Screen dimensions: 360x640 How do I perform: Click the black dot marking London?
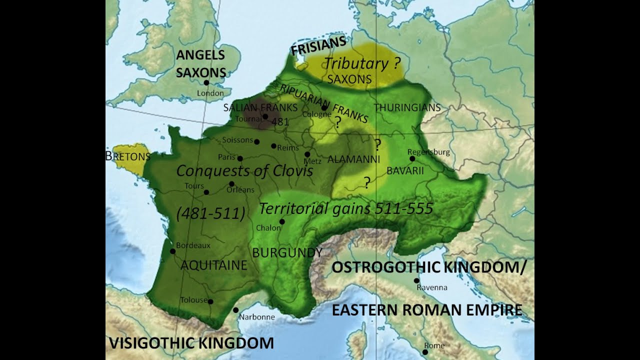(206, 83)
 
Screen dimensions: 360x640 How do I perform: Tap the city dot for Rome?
(425, 352)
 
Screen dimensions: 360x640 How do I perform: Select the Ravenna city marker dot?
(416, 280)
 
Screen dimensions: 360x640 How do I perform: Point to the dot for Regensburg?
(412, 158)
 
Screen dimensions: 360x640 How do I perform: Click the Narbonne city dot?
(235, 310)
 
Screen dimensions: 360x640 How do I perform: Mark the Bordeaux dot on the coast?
(172, 251)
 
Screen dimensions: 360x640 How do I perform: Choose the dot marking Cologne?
(324, 107)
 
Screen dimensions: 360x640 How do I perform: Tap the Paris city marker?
(240, 158)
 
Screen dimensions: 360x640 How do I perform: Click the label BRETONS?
(128, 156)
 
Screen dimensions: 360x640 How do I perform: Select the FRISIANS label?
(318, 45)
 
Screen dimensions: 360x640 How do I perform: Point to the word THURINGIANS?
(407, 107)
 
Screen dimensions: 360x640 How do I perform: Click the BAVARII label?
(405, 171)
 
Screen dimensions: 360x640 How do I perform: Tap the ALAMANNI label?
(353, 159)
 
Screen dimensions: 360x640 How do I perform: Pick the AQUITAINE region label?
(213, 265)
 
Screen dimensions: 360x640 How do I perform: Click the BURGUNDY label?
(287, 252)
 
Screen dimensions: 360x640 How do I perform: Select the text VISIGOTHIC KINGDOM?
(191, 343)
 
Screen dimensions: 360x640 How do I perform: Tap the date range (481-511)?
(210, 214)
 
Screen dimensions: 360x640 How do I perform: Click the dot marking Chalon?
(282, 221)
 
